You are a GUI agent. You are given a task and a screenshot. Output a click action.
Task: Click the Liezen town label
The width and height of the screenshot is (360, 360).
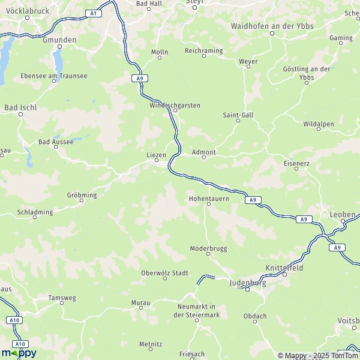(x=156, y=154)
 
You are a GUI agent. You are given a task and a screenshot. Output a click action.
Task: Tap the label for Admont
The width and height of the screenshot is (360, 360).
(x=203, y=152)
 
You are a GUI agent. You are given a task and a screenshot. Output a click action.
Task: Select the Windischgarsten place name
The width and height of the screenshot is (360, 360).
(x=175, y=105)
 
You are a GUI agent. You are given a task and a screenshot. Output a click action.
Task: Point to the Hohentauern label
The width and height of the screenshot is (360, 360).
(x=209, y=197)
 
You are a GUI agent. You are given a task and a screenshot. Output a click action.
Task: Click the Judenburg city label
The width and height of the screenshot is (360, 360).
(x=247, y=281)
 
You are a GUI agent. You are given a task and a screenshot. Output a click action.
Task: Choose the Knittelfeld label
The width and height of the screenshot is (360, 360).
(x=284, y=266)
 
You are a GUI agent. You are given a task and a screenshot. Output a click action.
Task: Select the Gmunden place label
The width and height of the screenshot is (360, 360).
(x=59, y=40)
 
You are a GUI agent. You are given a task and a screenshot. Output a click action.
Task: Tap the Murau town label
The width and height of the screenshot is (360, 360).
(x=140, y=304)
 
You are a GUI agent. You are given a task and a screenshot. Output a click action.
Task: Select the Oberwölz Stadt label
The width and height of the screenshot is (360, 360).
(x=164, y=273)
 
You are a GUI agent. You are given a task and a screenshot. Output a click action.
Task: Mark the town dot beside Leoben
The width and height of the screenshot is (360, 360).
(x=343, y=221)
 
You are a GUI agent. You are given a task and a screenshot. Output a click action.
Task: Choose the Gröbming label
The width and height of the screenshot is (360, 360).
(x=82, y=194)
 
